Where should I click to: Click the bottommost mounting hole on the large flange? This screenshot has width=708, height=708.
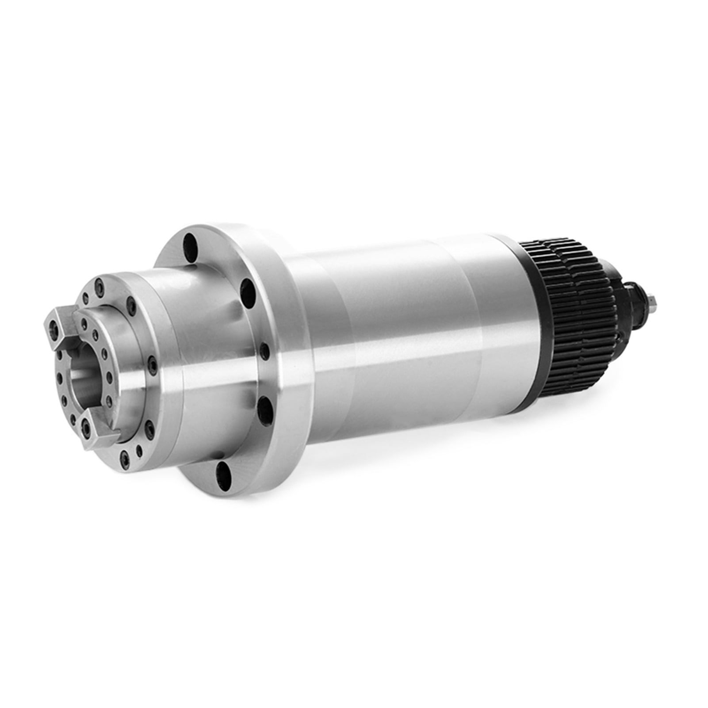tap(224, 473)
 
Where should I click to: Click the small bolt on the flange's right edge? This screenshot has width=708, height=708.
tap(264, 352)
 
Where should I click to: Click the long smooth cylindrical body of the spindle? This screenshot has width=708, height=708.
tap(398, 336)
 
